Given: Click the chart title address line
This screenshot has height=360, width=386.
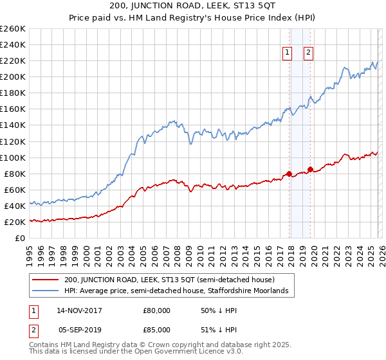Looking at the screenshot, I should (194, 6).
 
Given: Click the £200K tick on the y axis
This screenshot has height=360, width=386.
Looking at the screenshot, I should (13, 76).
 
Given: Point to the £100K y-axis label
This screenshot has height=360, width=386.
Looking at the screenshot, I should (13, 157).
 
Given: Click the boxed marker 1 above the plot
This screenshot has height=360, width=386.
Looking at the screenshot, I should (286, 53).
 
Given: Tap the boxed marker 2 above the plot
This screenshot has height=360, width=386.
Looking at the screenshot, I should (309, 53).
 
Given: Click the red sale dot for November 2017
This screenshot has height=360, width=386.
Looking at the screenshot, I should (289, 174).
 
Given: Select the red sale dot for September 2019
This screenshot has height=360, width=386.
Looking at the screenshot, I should (310, 170).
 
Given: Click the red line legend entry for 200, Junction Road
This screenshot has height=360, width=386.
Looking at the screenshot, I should (169, 280).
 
